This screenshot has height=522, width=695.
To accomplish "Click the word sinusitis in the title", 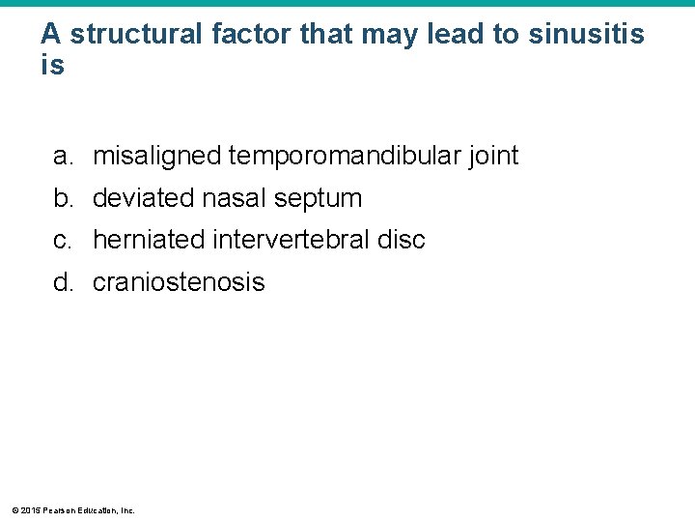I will (x=586, y=35).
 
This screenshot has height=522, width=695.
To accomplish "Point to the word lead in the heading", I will (x=453, y=35).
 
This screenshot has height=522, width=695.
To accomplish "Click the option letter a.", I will (x=62, y=156).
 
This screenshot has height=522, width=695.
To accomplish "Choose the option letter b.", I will (x=62, y=198).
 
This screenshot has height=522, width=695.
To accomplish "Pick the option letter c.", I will (x=62, y=240).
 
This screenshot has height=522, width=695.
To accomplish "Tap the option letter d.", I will (x=62, y=282).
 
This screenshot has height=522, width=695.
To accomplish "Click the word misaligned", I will (x=156, y=156).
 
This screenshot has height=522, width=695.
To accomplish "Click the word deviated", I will (x=143, y=198).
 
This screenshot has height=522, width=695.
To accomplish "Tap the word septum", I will (x=318, y=199).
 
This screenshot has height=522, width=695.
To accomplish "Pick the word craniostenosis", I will (x=179, y=282).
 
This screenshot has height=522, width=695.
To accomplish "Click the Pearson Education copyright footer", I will (x=72, y=509).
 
